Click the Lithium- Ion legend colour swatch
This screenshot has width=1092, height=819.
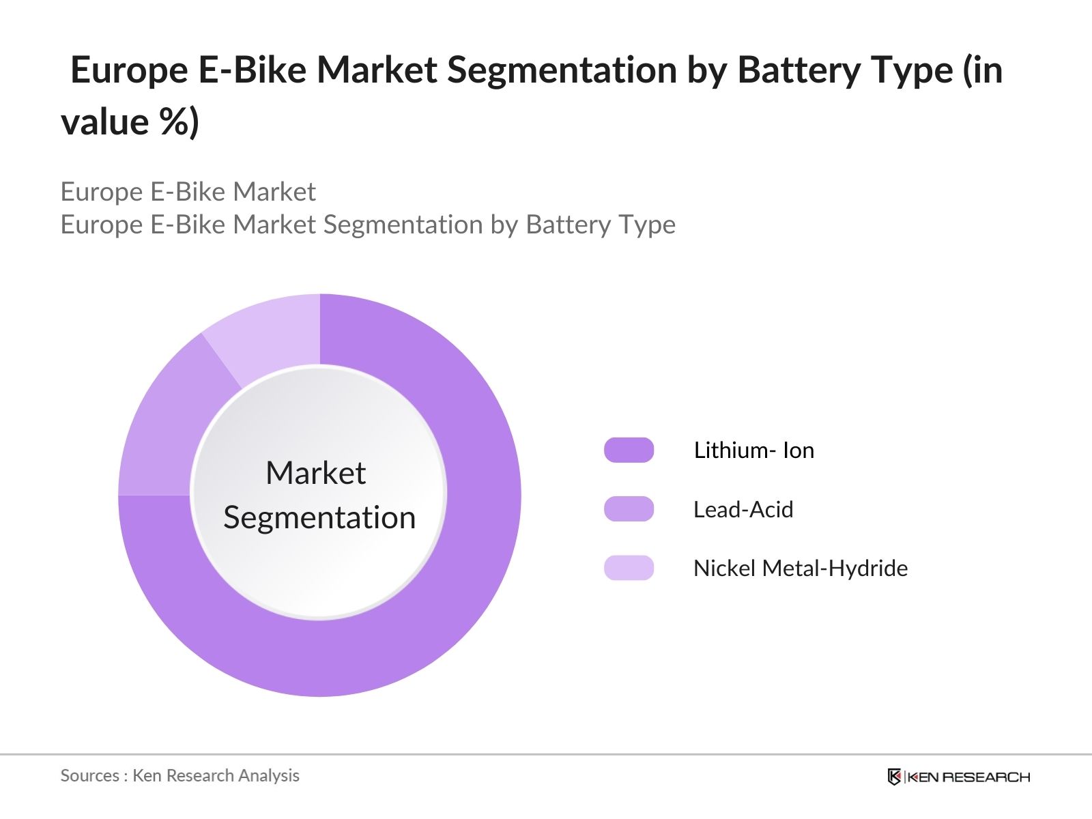point(629,450)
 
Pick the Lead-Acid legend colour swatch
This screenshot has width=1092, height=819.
point(629,509)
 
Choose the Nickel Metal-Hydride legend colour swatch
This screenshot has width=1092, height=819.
point(629,568)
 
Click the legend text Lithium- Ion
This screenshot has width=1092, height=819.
point(753,450)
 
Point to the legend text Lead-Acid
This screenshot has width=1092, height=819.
point(743,509)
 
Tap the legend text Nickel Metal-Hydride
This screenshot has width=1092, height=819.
point(800,568)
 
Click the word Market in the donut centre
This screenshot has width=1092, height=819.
point(316,473)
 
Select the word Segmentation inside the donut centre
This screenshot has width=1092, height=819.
point(319,517)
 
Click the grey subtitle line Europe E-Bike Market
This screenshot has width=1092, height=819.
point(188,192)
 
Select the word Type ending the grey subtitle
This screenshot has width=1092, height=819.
point(648,225)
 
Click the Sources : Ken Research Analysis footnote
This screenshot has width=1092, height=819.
point(179,775)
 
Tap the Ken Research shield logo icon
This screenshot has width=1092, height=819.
point(894,777)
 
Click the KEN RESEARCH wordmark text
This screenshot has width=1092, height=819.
point(968,777)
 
